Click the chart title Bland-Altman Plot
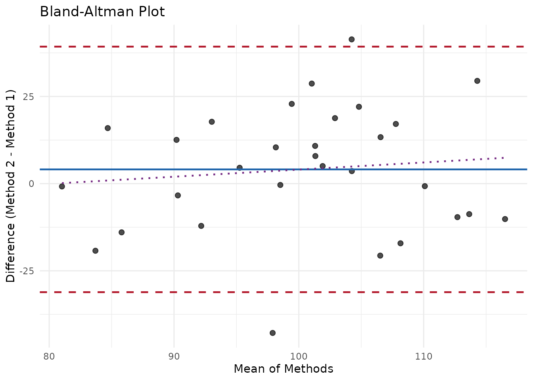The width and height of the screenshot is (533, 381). [x=102, y=12]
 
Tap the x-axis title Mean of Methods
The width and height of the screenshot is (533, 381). [x=283, y=369]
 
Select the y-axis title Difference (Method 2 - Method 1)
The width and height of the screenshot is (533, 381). [x=11, y=187]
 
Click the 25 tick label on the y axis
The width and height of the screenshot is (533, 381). [x=29, y=96]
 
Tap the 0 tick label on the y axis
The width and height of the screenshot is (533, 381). [x=32, y=184]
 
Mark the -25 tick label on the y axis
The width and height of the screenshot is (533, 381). [x=27, y=271]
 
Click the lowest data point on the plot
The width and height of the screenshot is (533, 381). [x=272, y=333]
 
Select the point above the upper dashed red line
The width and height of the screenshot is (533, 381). [x=351, y=39]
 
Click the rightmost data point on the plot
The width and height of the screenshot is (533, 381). [x=505, y=219]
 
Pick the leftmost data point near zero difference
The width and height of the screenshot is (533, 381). [x=62, y=187]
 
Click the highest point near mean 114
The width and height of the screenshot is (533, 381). [x=477, y=81]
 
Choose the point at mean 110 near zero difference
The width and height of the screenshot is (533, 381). [x=425, y=186]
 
